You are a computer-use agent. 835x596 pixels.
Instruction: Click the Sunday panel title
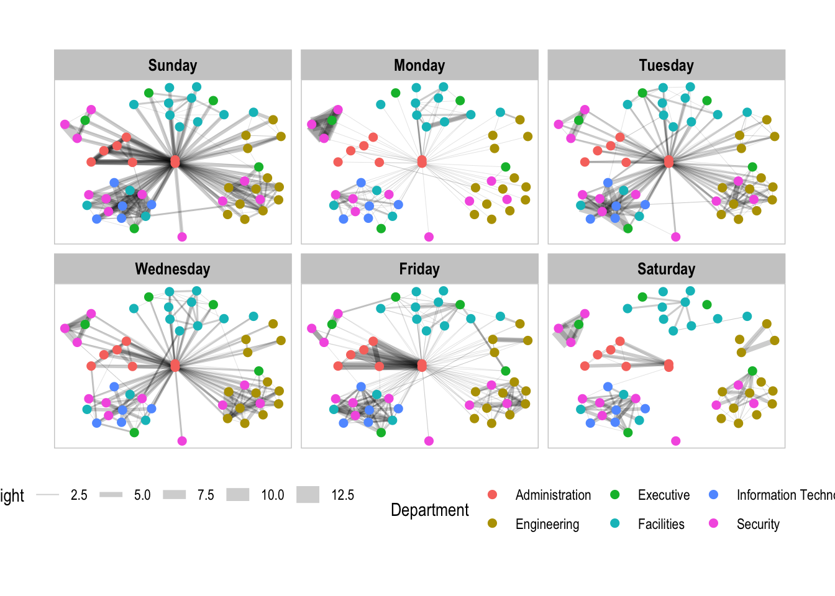coord(173,65)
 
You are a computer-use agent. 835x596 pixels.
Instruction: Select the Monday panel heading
coord(419,65)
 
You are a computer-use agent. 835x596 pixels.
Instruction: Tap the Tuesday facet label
coord(666,65)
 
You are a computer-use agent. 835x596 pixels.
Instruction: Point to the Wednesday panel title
coord(173,269)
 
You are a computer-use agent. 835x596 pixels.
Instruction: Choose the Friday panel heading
coord(419,269)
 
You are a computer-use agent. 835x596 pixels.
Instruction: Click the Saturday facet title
coord(666,269)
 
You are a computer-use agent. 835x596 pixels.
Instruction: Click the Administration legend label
coord(553,495)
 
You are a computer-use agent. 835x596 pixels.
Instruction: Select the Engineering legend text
coord(547,524)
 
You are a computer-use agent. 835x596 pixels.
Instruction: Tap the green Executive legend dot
coord(615,495)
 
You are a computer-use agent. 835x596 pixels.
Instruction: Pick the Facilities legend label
coord(661,524)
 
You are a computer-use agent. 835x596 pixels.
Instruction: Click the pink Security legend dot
coord(714,523)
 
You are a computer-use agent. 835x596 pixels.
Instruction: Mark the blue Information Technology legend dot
coord(714,495)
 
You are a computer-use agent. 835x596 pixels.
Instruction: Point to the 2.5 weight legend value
coord(79,495)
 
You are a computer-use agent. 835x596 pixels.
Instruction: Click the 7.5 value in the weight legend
coord(206,495)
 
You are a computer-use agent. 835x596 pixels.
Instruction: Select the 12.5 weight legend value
coord(342,495)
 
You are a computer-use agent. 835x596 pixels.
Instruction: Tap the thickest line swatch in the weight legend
coord(308,495)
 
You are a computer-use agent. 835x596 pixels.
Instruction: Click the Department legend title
coord(430,510)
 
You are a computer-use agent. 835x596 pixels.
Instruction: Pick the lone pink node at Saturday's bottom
coord(676,441)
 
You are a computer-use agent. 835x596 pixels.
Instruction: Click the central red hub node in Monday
coord(422,161)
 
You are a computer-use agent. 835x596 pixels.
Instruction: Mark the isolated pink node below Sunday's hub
coord(182,237)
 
